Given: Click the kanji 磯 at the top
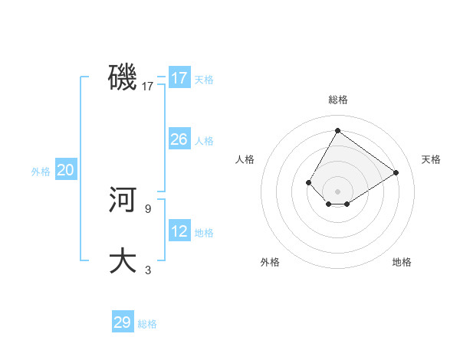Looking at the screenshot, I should (123, 77).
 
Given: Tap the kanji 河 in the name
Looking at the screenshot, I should (123, 201).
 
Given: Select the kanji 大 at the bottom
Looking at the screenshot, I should (123, 260).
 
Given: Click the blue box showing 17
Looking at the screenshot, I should (179, 78).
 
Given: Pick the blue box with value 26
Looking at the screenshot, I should (179, 139).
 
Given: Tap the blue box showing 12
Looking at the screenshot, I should (179, 231).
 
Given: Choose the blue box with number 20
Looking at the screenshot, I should (65, 170).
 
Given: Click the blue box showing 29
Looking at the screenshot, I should (123, 322).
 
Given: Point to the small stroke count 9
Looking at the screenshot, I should (148, 208).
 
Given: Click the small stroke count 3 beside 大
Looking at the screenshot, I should (148, 270).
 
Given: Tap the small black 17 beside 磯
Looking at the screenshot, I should (148, 87).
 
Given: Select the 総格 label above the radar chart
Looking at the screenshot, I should (337, 100).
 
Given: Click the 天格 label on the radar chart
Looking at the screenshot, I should (431, 159).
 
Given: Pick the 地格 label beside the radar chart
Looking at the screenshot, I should (402, 262).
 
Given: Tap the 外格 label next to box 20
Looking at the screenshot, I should (41, 172).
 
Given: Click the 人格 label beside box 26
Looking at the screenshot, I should (204, 141).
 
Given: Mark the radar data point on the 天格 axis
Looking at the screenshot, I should (396, 172).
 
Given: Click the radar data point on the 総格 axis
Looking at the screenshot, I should (337, 130).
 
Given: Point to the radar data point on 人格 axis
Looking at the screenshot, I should (308, 182).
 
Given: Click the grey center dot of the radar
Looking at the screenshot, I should (337, 191).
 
